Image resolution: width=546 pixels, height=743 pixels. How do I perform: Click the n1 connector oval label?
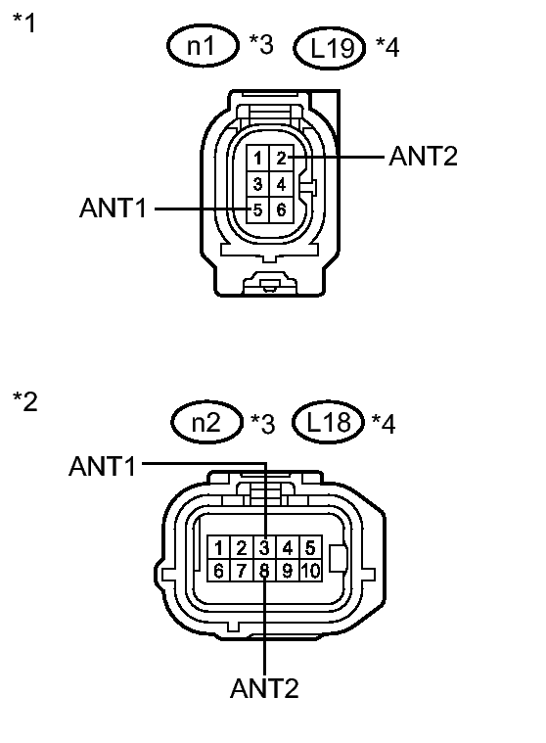(x=202, y=46)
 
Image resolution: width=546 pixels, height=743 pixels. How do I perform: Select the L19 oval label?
(x=330, y=48)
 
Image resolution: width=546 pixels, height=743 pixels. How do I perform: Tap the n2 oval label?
(x=206, y=422)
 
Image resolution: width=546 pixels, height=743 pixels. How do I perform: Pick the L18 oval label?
(x=328, y=422)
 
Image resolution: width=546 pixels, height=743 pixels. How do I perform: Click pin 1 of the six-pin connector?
(x=257, y=158)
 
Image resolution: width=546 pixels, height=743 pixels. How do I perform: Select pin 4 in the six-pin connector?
(x=281, y=184)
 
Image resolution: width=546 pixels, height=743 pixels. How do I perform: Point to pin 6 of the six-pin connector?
(x=281, y=209)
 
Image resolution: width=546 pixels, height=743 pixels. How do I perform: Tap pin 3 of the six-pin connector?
(x=257, y=184)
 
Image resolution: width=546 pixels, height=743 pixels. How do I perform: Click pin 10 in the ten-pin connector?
(x=310, y=570)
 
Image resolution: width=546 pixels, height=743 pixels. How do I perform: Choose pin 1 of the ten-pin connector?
(x=218, y=548)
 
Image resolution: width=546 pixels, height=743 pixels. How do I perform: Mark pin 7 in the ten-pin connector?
(x=241, y=570)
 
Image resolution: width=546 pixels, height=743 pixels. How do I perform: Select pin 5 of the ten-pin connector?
(x=310, y=548)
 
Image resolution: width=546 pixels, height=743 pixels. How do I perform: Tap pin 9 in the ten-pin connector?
(x=288, y=570)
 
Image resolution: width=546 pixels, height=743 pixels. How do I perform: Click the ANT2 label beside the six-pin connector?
(x=424, y=156)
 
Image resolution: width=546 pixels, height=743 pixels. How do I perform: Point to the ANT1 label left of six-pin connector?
(x=114, y=209)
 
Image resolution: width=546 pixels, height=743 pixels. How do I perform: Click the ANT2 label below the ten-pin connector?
(x=264, y=688)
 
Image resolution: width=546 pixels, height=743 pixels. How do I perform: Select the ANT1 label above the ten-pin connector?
(x=103, y=466)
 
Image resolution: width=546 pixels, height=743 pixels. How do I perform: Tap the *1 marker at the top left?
(x=24, y=23)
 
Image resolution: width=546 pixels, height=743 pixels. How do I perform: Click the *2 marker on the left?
(x=25, y=401)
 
